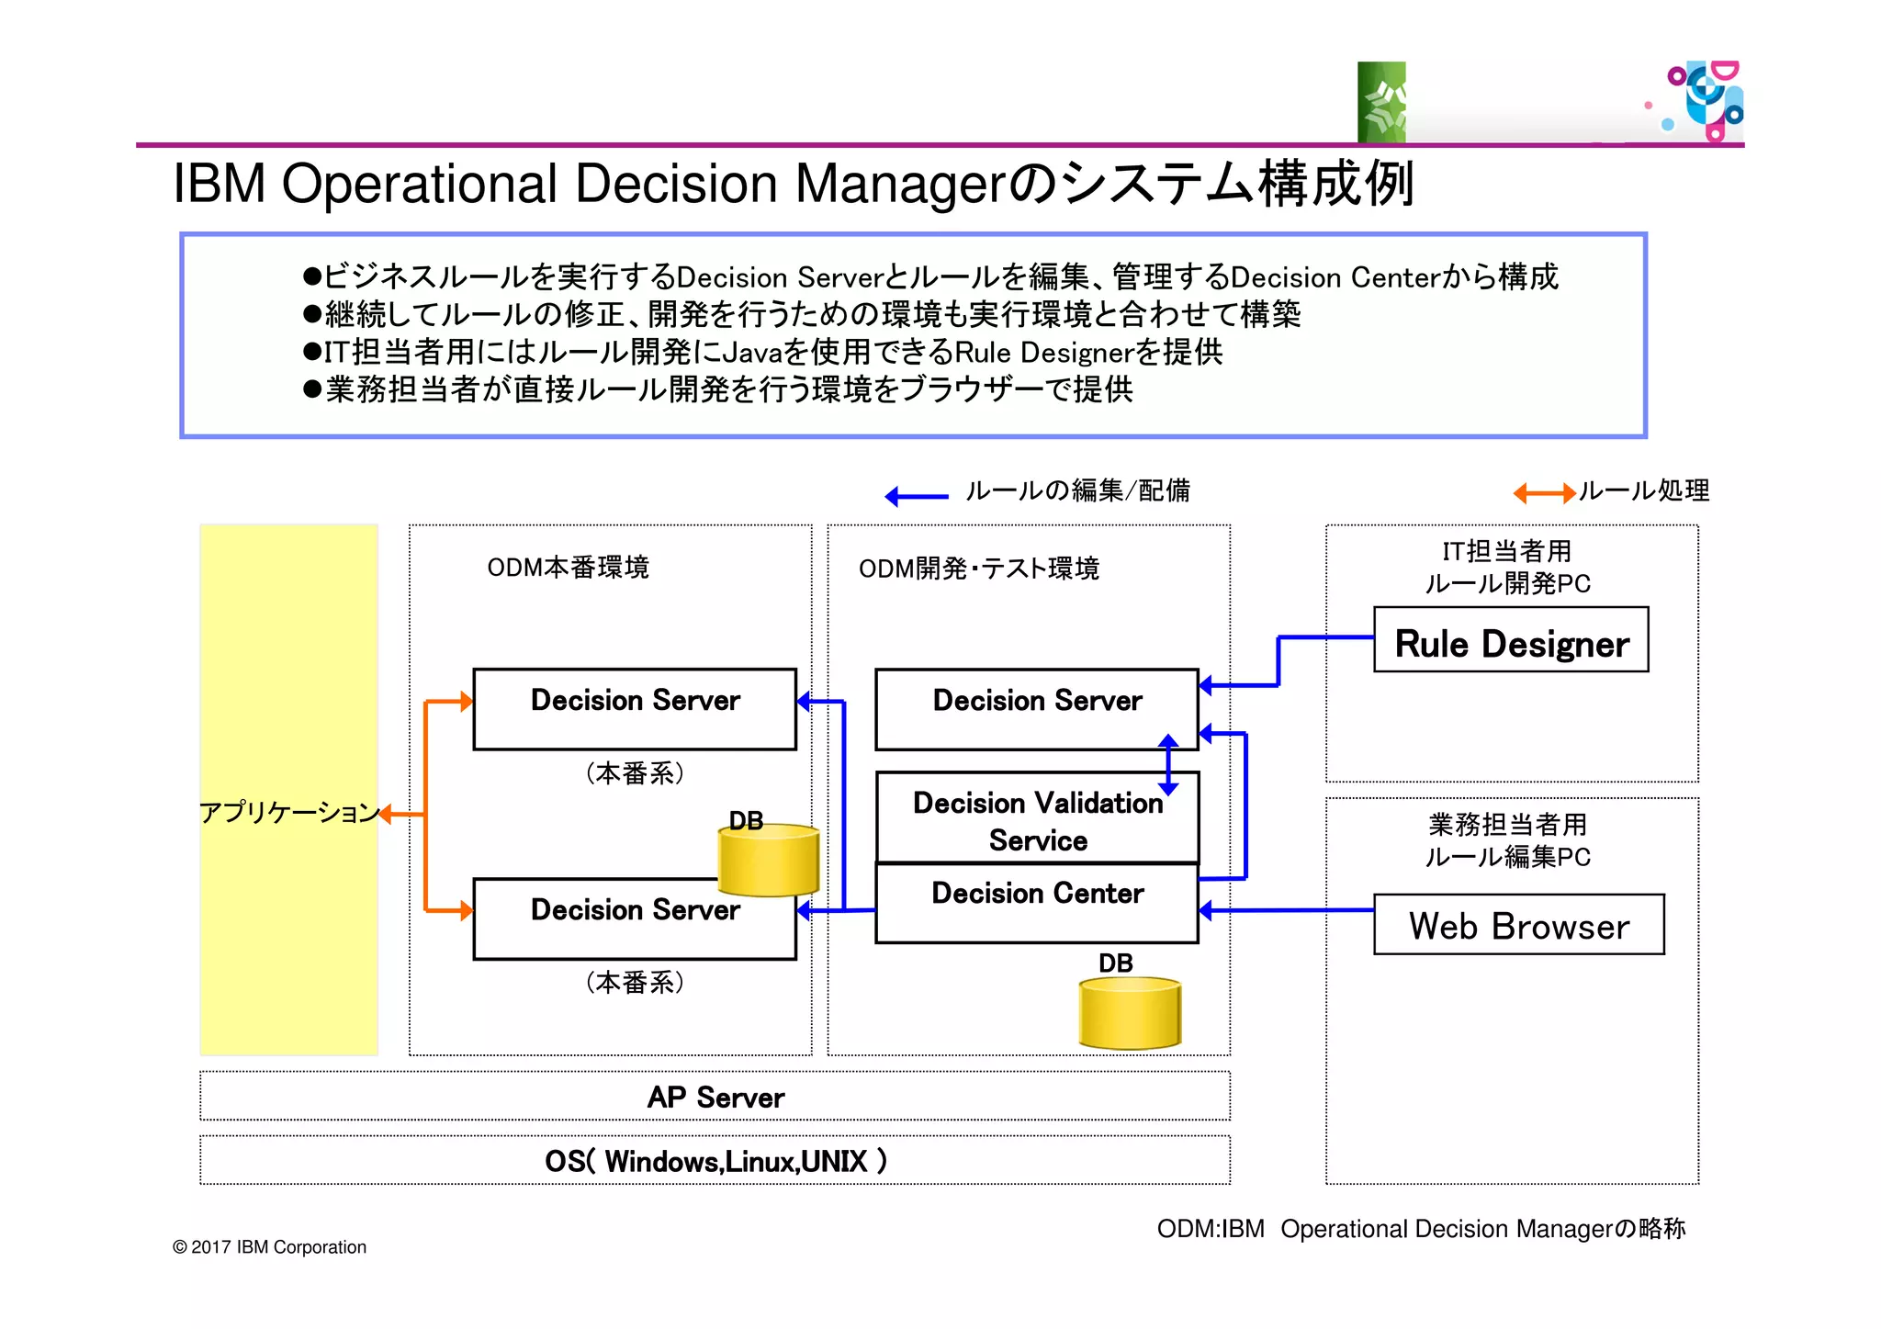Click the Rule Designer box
click(1510, 640)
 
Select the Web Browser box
click(1517, 925)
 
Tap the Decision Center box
click(1036, 903)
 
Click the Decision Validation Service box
click(1036, 820)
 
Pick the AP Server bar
click(715, 1097)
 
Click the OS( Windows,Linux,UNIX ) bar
click(715, 1161)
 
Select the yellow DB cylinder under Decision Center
click(1129, 1014)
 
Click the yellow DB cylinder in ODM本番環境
click(768, 861)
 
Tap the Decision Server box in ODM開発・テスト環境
click(1036, 708)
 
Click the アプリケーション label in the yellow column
click(288, 812)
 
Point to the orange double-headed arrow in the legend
click(1544, 494)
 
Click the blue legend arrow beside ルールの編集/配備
click(916, 497)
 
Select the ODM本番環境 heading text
click(568, 568)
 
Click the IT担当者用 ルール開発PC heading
click(1506, 567)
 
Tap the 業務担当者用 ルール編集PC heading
click(1506, 840)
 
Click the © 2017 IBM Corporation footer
click(269, 1247)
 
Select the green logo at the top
click(1381, 102)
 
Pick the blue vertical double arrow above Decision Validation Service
click(1167, 764)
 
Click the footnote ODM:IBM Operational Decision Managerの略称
click(1420, 1229)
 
